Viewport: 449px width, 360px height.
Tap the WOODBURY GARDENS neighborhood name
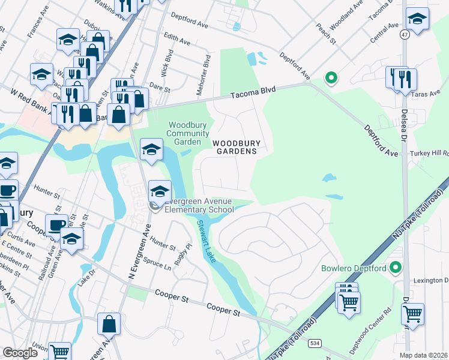235,147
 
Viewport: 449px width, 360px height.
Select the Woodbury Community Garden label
183,133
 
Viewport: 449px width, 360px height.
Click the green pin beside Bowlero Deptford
395,267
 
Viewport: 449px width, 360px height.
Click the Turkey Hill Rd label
429,154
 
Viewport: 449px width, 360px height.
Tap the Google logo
20,352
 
